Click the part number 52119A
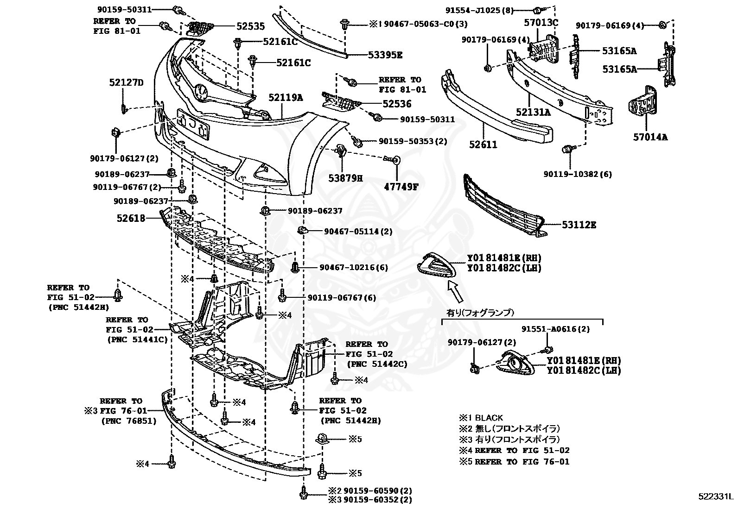[x=285, y=98]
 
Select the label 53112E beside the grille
[x=579, y=225]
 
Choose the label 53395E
[x=385, y=55]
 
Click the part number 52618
[x=131, y=218]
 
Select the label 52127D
[x=126, y=83]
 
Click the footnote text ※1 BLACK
[x=481, y=417]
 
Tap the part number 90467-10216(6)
[x=354, y=267]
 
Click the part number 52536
[x=397, y=104]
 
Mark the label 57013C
[x=541, y=22]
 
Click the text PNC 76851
[x=128, y=421]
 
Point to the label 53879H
[x=346, y=177]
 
